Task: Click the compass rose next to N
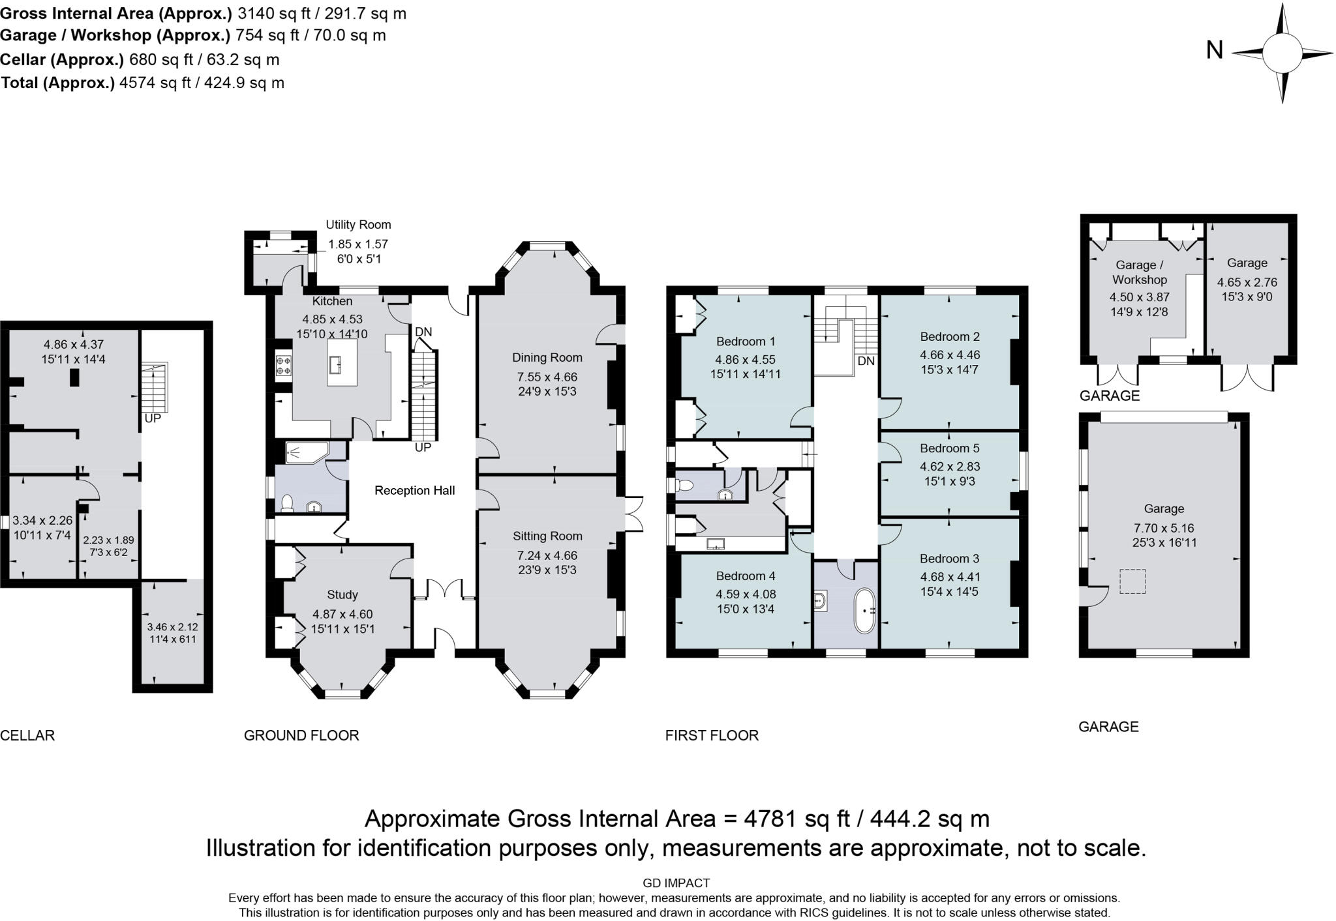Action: point(1282,53)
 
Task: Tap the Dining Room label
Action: point(547,357)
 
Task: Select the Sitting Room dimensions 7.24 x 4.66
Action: point(547,555)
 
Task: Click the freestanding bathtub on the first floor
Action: point(864,611)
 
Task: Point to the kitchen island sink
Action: point(337,365)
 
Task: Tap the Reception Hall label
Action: point(414,490)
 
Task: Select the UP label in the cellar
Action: point(152,418)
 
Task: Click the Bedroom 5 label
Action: point(949,448)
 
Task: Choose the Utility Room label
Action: point(358,224)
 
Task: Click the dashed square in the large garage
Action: point(1132,581)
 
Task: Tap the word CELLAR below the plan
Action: point(27,735)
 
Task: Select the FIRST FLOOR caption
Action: point(712,735)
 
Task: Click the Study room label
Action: point(342,594)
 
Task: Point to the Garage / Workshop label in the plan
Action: point(1139,272)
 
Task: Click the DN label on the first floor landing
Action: point(866,360)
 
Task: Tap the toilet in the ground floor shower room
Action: point(286,503)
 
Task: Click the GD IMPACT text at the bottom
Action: point(676,883)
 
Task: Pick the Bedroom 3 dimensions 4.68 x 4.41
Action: point(949,576)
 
